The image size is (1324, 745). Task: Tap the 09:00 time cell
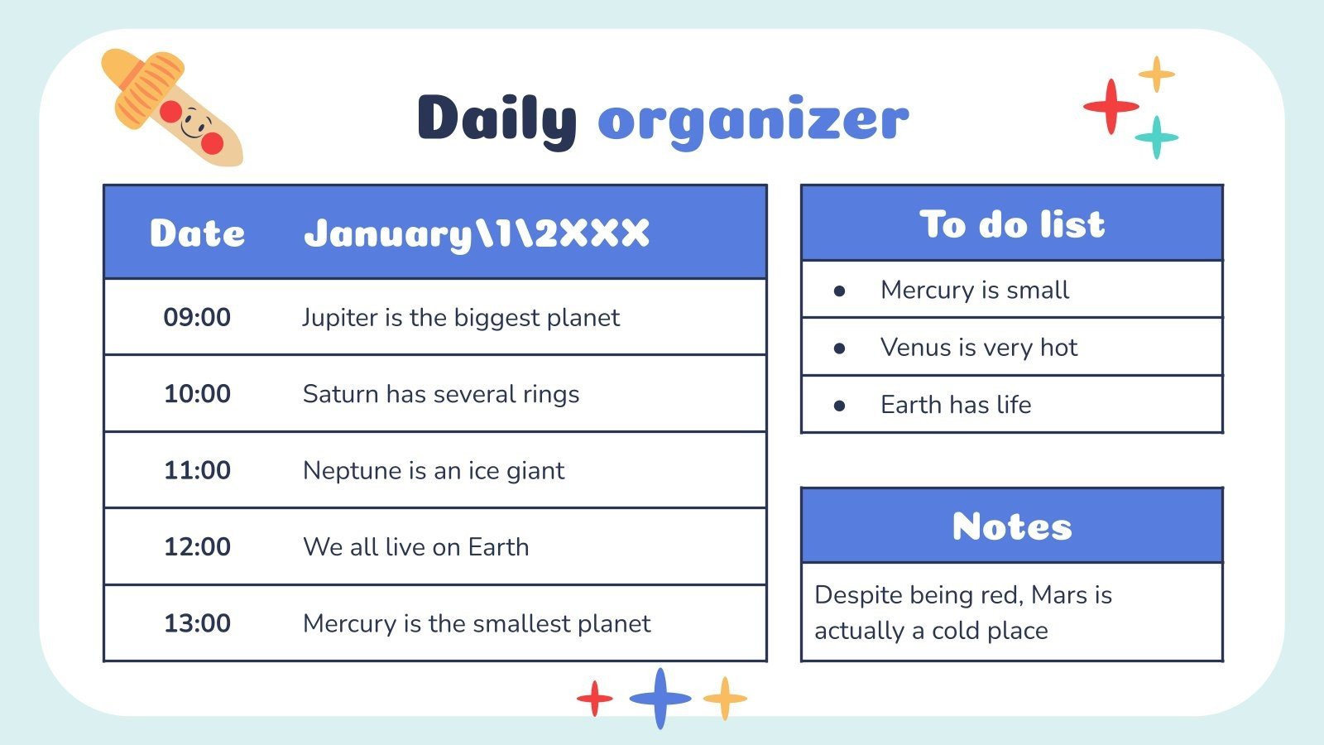(x=197, y=317)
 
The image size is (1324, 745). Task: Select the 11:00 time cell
(x=197, y=470)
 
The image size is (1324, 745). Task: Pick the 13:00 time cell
(x=197, y=623)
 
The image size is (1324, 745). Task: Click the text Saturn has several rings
(x=441, y=394)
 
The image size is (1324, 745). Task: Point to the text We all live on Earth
(x=415, y=547)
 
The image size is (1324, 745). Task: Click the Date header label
(x=197, y=233)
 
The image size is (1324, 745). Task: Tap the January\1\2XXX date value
(x=477, y=233)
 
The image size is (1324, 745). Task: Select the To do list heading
(x=1012, y=224)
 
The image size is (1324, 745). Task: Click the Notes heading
(x=1012, y=526)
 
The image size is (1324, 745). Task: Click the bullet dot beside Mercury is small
(x=839, y=291)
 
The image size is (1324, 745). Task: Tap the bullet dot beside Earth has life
(x=839, y=406)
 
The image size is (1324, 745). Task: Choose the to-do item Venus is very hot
(x=979, y=348)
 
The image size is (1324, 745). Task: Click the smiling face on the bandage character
(x=196, y=127)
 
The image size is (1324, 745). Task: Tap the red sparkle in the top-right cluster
(x=1111, y=106)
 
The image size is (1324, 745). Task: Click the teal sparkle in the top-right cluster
(x=1156, y=137)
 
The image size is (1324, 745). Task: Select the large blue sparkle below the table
(x=660, y=698)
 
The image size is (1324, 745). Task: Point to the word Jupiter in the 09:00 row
(x=339, y=318)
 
